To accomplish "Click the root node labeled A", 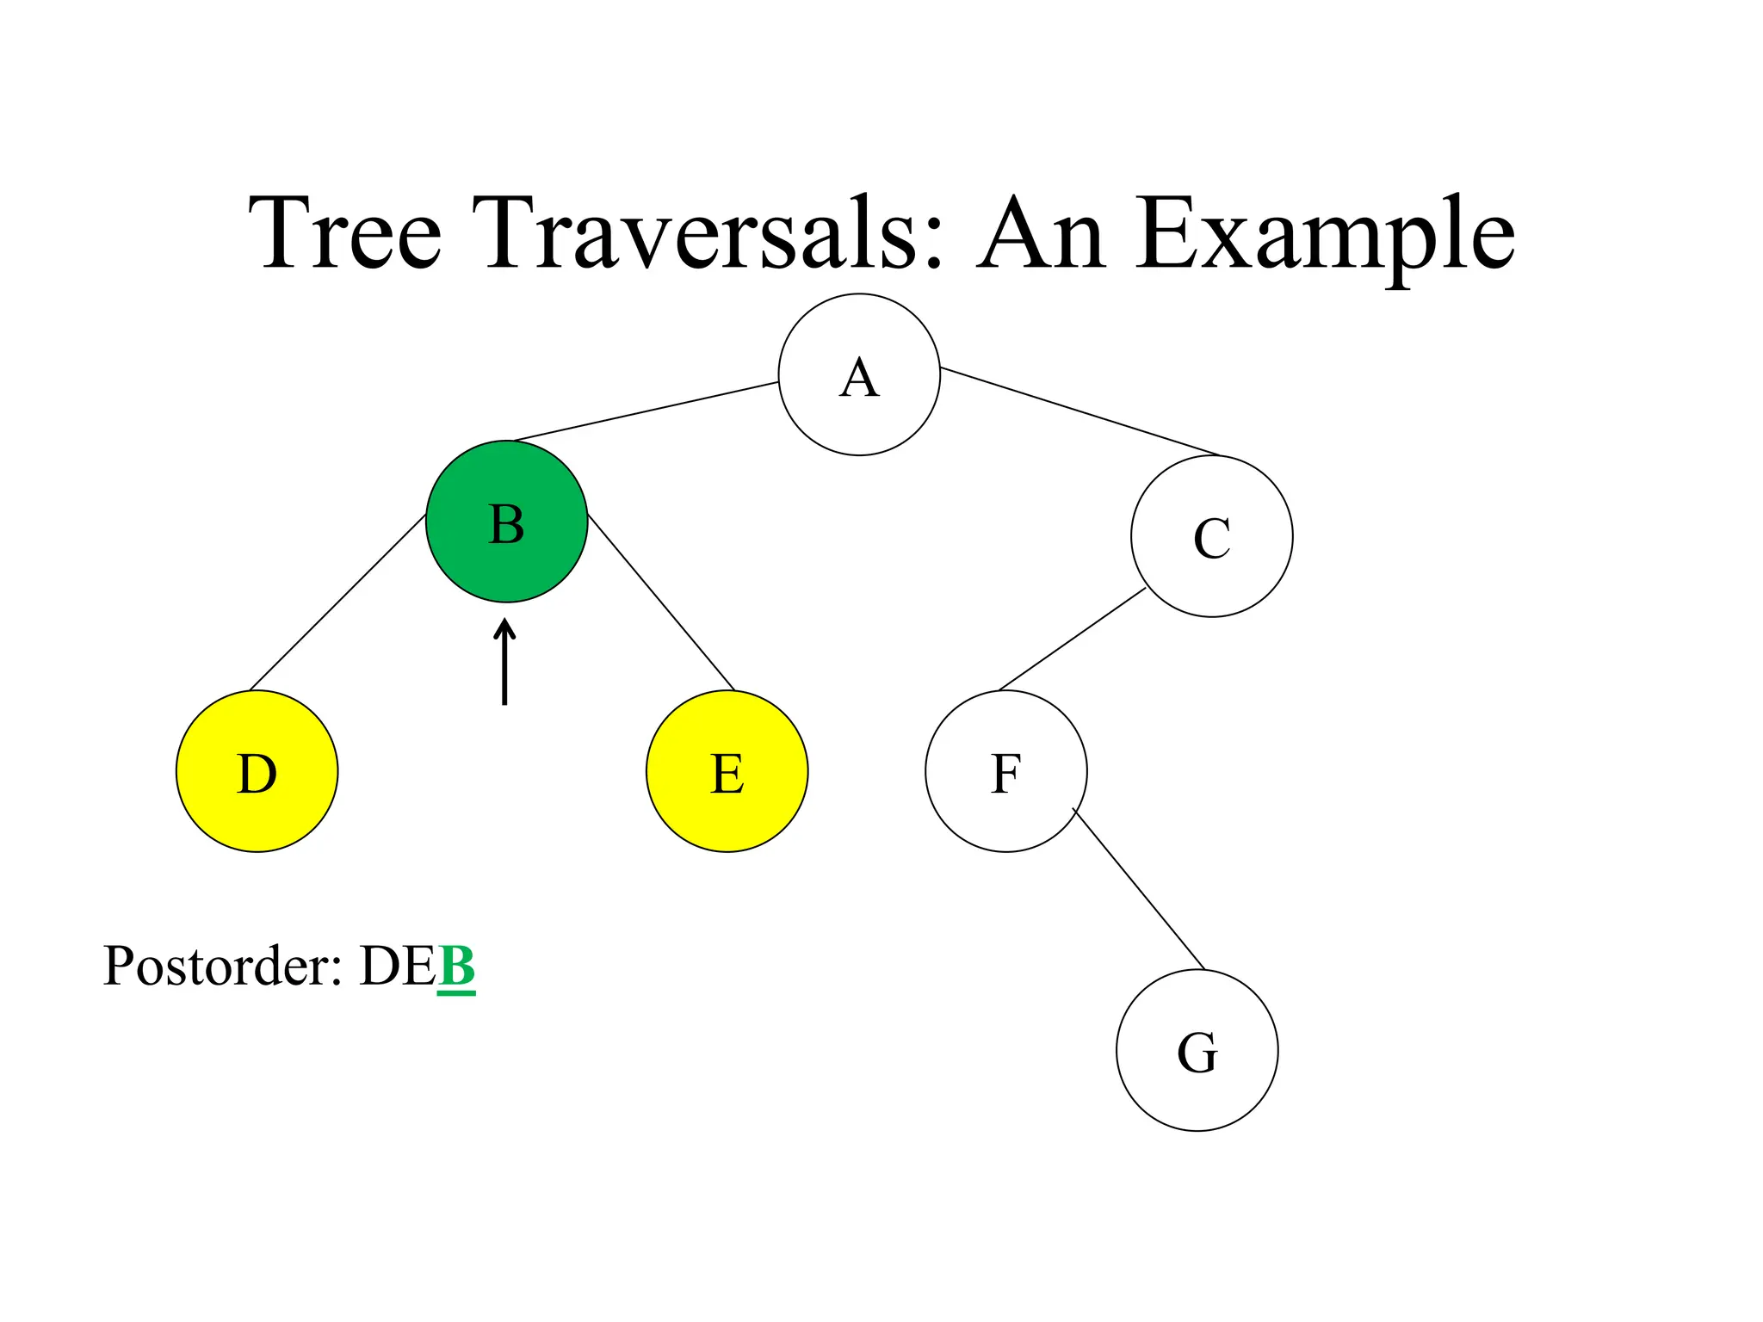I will pos(858,374).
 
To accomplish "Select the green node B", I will pos(506,522).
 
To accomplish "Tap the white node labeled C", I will pos(1211,536).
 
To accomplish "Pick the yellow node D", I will pos(257,771).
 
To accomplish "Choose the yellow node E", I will pos(727,771).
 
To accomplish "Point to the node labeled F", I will pos(1005,771).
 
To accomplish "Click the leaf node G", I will pos(1197,1050).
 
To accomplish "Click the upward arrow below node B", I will pos(504,662).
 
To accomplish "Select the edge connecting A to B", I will pos(646,411).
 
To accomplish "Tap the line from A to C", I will pos(1080,411).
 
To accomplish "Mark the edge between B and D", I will pos(337,602).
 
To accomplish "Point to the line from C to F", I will pos(1072,639).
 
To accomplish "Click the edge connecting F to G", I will pos(1138,888).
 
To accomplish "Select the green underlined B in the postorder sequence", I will pos(456,967).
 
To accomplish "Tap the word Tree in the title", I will pos(344,232).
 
